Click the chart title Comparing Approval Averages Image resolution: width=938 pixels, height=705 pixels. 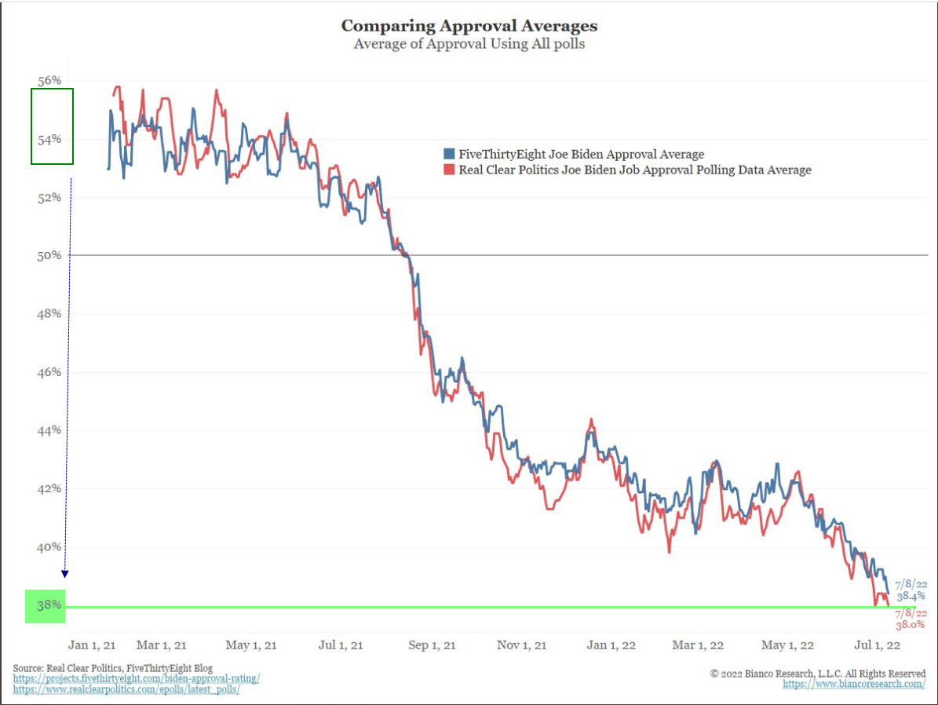coord(469,26)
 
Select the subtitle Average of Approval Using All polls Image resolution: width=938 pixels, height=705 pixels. coord(469,44)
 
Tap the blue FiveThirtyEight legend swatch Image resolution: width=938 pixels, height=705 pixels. coord(449,155)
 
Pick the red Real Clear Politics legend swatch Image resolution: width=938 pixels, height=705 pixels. coord(449,170)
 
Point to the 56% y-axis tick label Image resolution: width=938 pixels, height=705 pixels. coord(49,81)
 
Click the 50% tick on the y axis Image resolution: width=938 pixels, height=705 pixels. coord(49,256)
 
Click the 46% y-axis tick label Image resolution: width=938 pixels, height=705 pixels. coord(49,372)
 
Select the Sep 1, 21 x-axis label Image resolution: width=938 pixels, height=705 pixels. coord(433,645)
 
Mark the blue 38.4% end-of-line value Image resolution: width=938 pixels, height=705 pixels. coord(911,597)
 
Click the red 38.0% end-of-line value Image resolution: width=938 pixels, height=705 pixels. coord(911,626)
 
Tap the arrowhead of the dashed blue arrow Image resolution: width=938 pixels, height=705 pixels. coord(65,574)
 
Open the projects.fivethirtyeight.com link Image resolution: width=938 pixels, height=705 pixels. coord(137,678)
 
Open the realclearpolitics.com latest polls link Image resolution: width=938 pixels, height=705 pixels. coord(126,689)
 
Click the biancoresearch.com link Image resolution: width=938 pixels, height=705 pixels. coord(854,685)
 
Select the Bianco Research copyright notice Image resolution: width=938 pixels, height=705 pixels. coord(818,674)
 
